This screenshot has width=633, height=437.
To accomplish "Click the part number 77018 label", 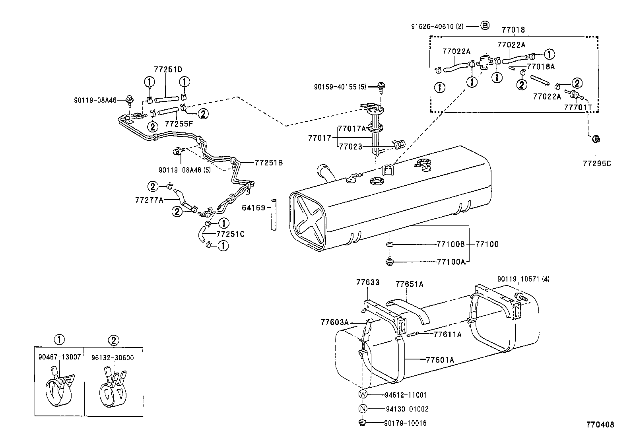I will [x=513, y=30].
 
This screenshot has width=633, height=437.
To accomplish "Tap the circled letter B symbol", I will [x=485, y=26].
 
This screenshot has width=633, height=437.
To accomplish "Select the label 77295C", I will [x=597, y=163].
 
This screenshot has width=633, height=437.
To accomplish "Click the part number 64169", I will [x=254, y=208].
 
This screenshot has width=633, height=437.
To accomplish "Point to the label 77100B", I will [x=450, y=244].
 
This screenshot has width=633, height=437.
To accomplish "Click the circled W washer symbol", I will [x=363, y=394].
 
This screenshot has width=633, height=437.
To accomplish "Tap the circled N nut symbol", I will [x=363, y=408].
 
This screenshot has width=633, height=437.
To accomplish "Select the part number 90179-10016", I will [x=405, y=423].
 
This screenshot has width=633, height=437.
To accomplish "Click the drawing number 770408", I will [x=600, y=425].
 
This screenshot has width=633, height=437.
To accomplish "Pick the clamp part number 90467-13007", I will [x=60, y=357].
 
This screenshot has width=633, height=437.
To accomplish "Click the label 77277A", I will [x=149, y=200].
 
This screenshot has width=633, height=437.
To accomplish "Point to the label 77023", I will [x=350, y=147].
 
